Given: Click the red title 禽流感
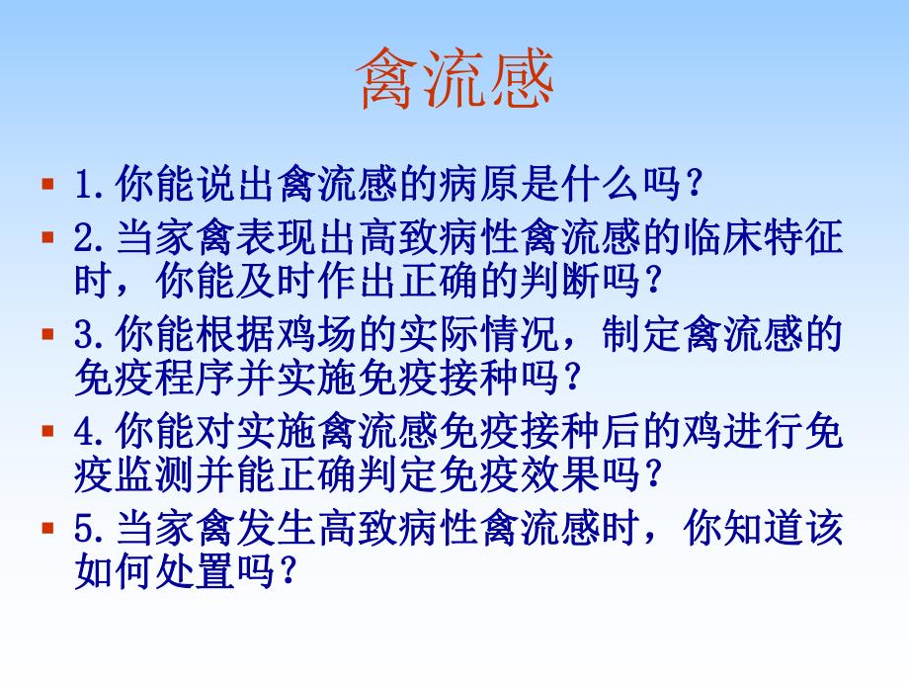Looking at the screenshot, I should [x=454, y=80].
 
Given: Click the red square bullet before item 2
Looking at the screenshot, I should [x=46, y=238].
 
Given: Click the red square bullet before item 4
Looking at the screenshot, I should [x=46, y=431].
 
